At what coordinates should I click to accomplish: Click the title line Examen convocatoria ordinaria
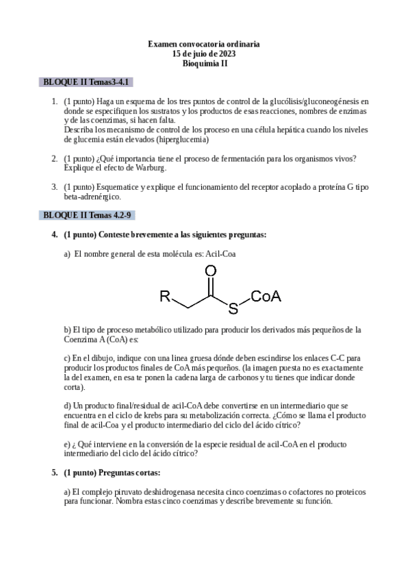(204, 44)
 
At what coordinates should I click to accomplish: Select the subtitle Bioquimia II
(204, 63)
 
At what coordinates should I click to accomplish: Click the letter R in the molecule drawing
(165, 296)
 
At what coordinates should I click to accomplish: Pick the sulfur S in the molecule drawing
(233, 309)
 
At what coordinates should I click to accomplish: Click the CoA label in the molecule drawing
(267, 296)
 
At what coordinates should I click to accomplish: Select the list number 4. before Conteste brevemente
(55, 234)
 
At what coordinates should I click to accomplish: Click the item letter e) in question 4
(67, 443)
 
